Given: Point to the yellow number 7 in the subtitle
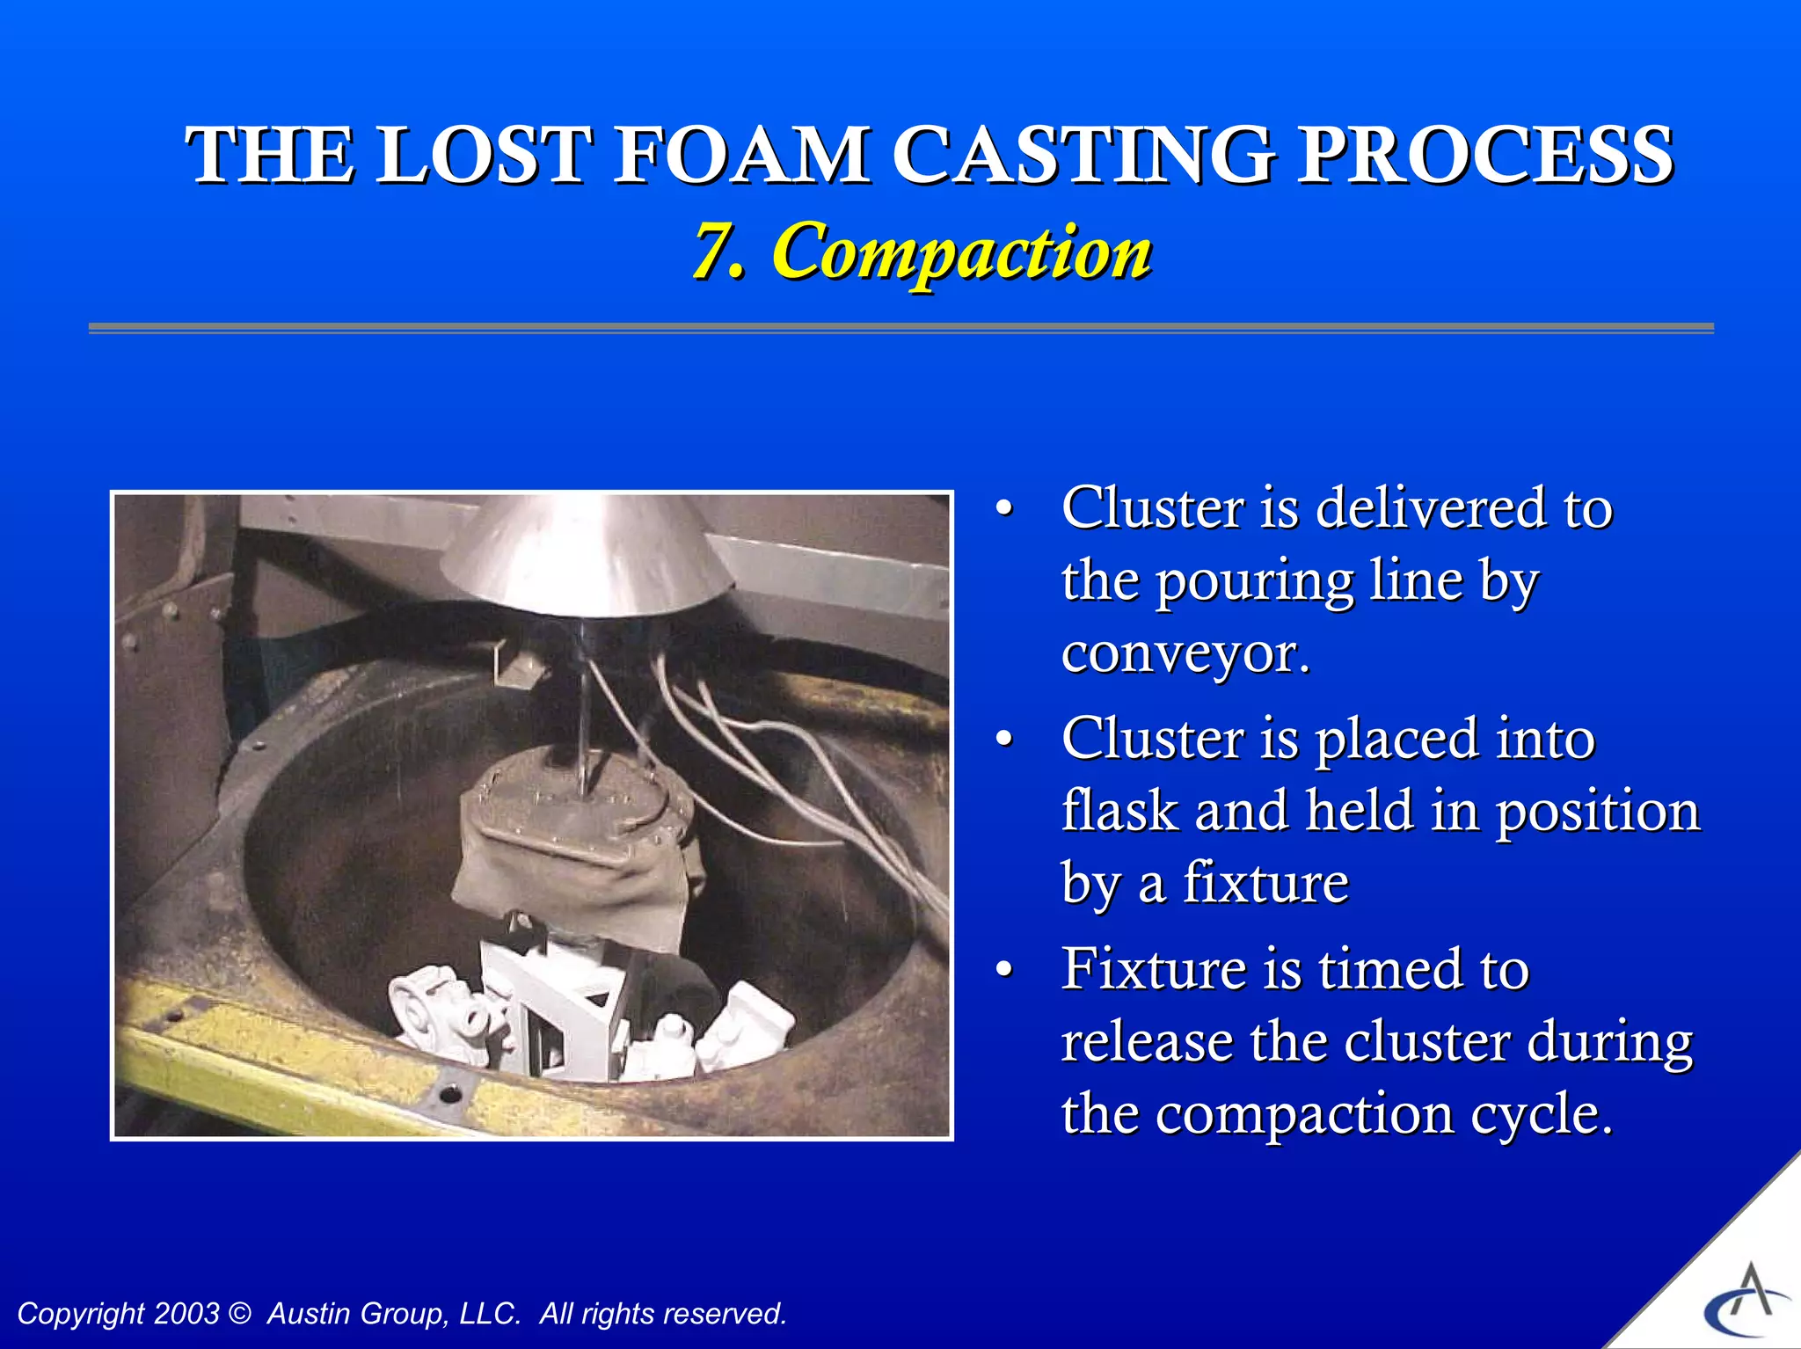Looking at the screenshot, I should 714,252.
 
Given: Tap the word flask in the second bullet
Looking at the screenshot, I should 1119,810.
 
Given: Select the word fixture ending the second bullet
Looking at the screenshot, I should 1265,883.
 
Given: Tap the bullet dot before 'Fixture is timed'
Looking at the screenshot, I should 1004,970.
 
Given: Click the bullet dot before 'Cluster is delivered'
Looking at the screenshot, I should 1004,509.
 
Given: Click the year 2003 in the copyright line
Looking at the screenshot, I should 186,1313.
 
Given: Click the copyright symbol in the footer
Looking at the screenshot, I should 239,1313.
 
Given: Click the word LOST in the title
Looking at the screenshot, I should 480,156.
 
